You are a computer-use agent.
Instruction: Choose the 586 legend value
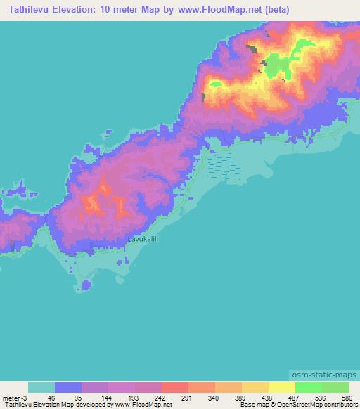345,397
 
